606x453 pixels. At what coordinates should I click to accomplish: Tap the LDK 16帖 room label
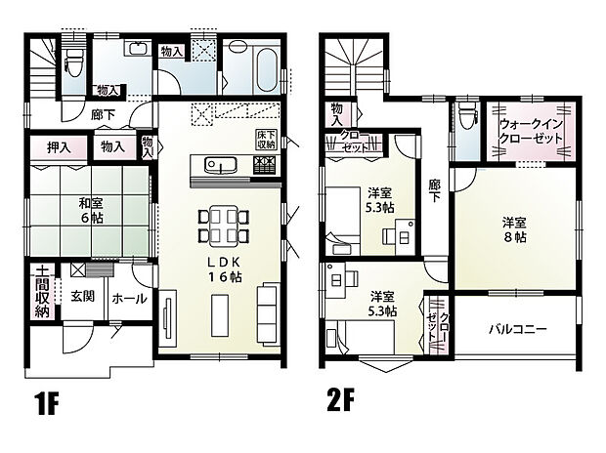(221, 272)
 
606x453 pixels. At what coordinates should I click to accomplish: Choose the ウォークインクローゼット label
(531, 132)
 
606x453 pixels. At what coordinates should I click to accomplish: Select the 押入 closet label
(58, 147)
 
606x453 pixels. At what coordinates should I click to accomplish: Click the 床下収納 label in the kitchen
(267, 139)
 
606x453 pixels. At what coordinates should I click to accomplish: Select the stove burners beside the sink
(264, 164)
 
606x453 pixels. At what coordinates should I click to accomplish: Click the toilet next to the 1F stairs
(74, 61)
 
